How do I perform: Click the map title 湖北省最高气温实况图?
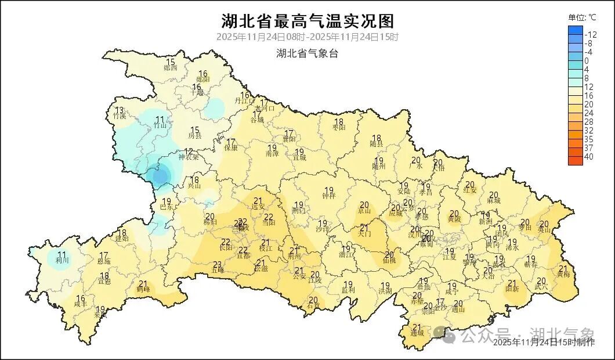pos(307,21)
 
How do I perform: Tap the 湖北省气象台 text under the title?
pos(307,53)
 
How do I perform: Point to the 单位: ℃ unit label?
pos(582,17)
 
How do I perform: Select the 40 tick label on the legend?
pos(588,157)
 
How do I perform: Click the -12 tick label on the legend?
pos(591,34)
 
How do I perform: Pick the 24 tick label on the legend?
pos(588,113)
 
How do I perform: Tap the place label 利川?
pos(62,261)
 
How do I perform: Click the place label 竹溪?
pos(120,116)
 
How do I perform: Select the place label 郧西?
pos(171,68)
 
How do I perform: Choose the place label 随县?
pos(377,143)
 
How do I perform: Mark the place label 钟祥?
pos(328,196)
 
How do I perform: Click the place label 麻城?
pos(494,200)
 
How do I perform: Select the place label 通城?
pos(417,333)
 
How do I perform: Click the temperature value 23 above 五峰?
pos(218,265)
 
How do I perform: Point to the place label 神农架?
pos(188,157)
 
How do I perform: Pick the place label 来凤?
pos(101,315)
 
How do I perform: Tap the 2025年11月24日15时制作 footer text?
pos(544,343)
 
